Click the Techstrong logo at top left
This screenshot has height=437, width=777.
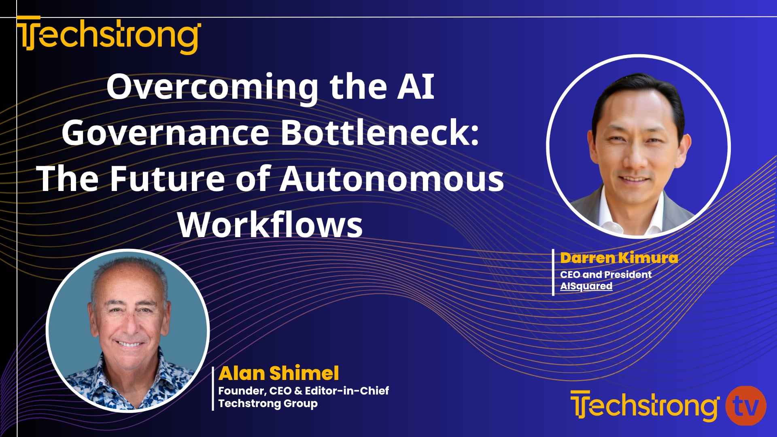click(x=108, y=35)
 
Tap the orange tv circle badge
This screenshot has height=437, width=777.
click(x=745, y=406)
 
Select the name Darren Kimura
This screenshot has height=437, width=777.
click(x=619, y=258)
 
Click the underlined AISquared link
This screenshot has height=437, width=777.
click(x=586, y=286)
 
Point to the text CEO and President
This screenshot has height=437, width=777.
click(x=605, y=274)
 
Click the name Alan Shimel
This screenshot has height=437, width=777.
click(x=278, y=373)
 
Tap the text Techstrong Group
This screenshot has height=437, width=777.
click(x=268, y=403)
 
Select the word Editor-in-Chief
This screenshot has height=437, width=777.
click(x=347, y=390)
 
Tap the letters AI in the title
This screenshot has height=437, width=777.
click(x=415, y=87)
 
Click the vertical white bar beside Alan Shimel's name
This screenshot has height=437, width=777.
click(x=213, y=388)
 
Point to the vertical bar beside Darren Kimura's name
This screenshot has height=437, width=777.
click(x=553, y=272)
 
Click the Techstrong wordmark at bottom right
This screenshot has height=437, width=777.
click(x=644, y=406)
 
